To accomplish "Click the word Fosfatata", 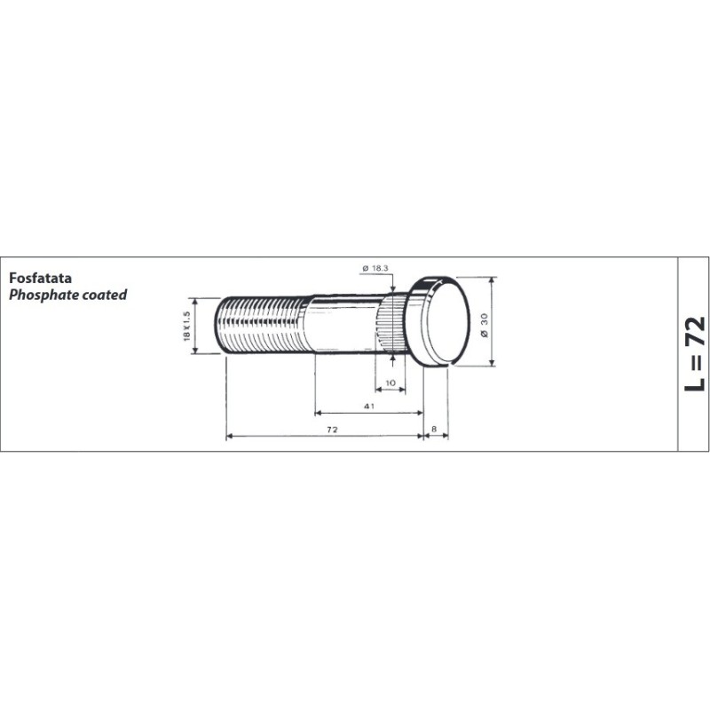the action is [x=40, y=278].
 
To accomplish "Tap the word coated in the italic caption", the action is [x=105, y=295].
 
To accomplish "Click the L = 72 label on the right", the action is [x=695, y=353].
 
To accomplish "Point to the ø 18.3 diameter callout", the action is [x=375, y=268].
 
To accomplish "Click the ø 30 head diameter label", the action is [x=485, y=325].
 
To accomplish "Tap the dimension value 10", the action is [x=390, y=383].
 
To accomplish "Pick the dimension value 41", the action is [x=369, y=406].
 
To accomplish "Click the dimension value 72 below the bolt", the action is [x=332, y=430].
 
